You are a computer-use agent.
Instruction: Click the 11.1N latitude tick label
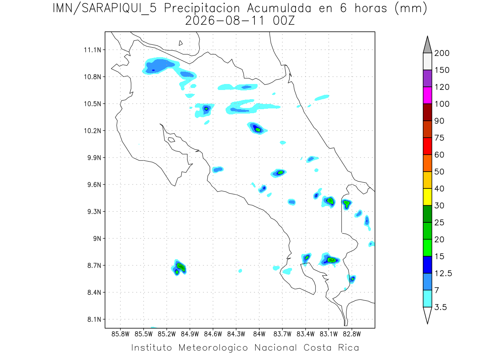(92, 50)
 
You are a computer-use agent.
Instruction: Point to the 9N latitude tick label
(97, 238)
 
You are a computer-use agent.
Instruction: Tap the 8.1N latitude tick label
(94, 319)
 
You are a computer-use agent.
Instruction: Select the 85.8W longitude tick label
(120, 334)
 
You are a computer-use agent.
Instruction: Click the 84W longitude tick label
(259, 334)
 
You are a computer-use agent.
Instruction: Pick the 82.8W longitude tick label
(352, 334)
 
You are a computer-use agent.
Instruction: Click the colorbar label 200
(442, 53)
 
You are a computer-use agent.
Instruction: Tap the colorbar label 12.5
(443, 274)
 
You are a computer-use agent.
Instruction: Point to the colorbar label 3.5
(440, 307)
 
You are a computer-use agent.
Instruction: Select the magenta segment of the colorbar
(427, 95)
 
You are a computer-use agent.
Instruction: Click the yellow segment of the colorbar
(427, 197)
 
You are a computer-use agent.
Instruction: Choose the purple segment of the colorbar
(427, 78)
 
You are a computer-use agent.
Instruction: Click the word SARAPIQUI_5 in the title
(119, 9)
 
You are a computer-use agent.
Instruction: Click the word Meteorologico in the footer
(213, 348)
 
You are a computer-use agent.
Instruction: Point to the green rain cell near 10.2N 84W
(258, 130)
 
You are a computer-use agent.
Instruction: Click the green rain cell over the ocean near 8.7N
(181, 267)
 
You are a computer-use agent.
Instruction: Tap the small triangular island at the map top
(180, 43)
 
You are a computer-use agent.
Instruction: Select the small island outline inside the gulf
(172, 140)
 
